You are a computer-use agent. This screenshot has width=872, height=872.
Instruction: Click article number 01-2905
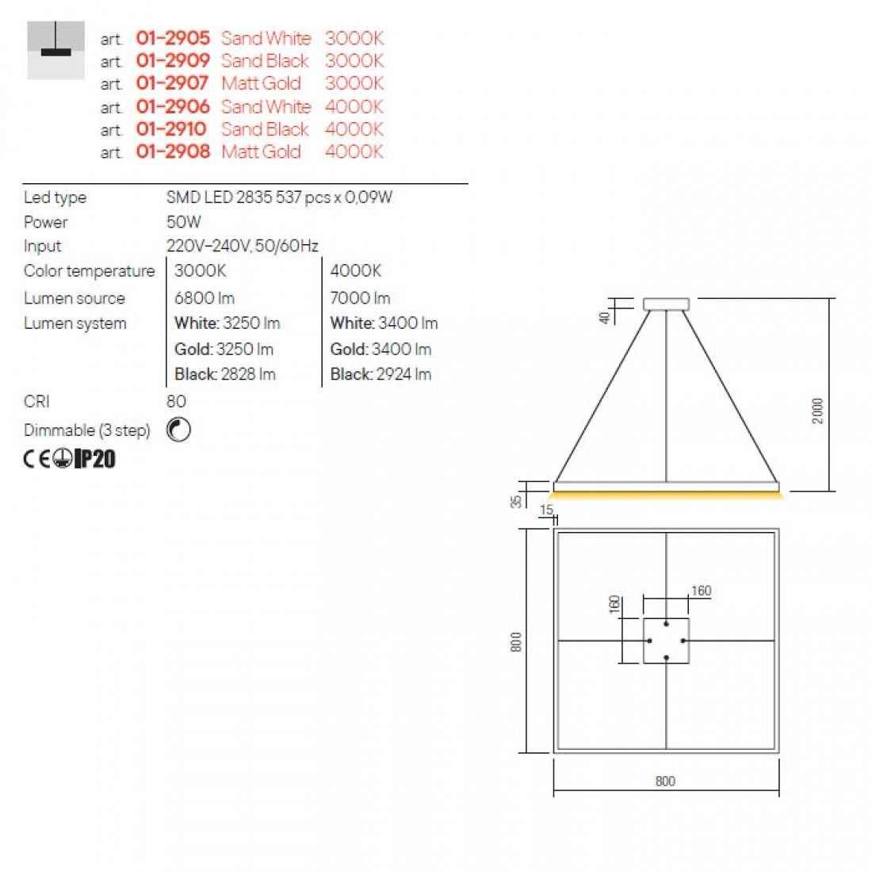coord(173,38)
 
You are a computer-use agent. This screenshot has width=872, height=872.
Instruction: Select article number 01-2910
coord(171,129)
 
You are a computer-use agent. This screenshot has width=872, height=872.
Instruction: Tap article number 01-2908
coord(173,151)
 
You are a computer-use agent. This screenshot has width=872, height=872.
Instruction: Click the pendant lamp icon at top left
coord(55,50)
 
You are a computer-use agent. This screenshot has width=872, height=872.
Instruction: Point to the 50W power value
coord(184,222)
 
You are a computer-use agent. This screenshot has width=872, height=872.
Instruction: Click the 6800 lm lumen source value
coord(204,298)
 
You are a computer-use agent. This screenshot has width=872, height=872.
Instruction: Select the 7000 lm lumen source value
coord(360,298)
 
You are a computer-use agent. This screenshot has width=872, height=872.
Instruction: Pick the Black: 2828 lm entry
coord(224,374)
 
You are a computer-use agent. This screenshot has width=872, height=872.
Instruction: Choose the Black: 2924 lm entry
coord(381,374)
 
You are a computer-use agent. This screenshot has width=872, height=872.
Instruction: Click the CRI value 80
coord(176,402)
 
